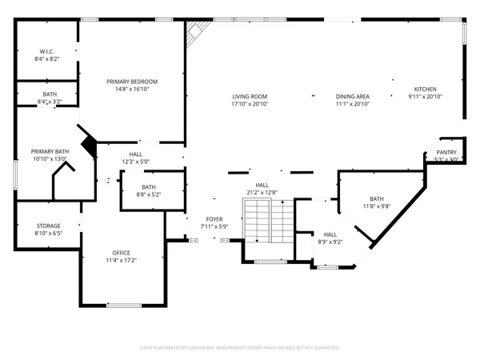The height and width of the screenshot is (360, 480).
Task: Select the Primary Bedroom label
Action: click(x=133, y=81)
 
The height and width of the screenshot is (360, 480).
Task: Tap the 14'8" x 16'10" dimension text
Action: click(x=133, y=90)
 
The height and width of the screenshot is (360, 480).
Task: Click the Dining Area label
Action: click(x=351, y=96)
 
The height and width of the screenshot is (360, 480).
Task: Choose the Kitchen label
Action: click(x=425, y=89)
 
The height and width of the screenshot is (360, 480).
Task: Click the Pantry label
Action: click(x=446, y=151)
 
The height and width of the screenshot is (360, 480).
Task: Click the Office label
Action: click(x=122, y=252)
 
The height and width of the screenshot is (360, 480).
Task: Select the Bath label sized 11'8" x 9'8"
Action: click(x=377, y=198)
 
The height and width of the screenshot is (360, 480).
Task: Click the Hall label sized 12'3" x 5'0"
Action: click(x=135, y=154)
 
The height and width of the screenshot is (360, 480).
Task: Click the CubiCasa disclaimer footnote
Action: click(x=240, y=347)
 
